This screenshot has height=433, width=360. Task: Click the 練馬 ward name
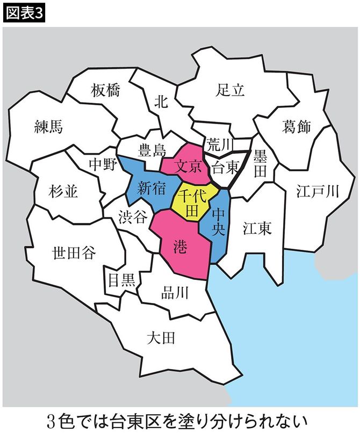tap(48, 126)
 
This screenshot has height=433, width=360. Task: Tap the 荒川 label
tap(218, 144)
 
